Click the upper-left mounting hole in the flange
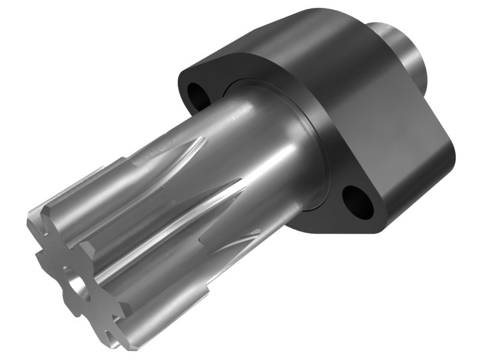click(x=196, y=92)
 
